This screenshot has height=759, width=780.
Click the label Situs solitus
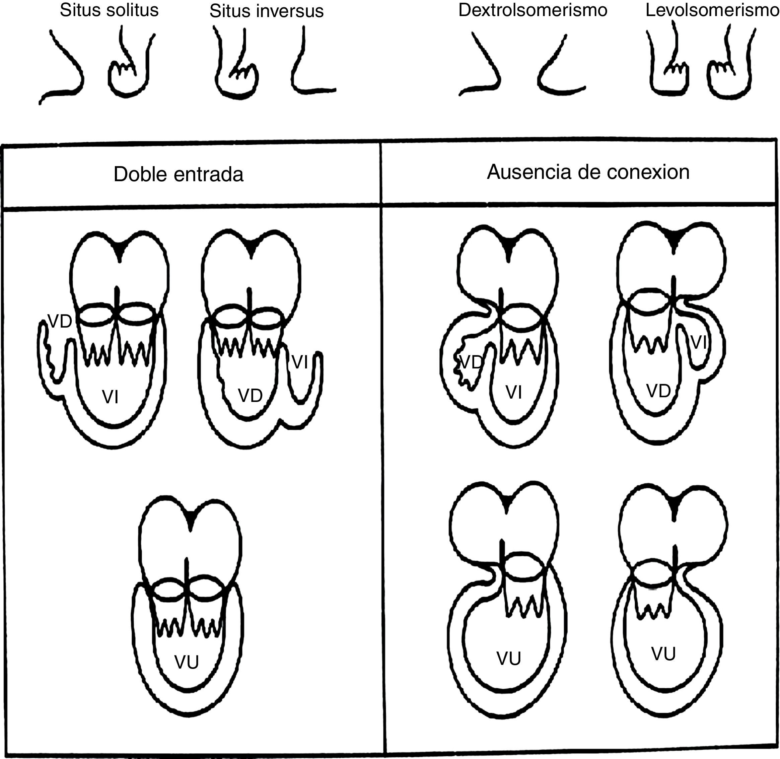[x=109, y=10]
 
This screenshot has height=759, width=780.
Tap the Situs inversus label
[x=266, y=11]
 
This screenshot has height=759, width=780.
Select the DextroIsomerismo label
[x=533, y=10]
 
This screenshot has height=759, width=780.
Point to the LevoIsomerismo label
[x=712, y=10]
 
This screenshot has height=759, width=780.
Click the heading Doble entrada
[x=178, y=175]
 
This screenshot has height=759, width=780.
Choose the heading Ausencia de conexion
[x=588, y=172]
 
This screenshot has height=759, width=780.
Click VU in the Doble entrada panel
[x=187, y=662]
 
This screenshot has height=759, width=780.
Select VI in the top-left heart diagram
[x=111, y=397]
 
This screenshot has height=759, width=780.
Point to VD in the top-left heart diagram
[x=60, y=321]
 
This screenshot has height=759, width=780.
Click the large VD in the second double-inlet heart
[x=250, y=396]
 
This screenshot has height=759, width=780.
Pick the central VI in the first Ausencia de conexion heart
[x=514, y=393]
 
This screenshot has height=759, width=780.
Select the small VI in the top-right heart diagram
[x=698, y=342]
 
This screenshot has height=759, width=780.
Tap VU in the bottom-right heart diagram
[x=663, y=654]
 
